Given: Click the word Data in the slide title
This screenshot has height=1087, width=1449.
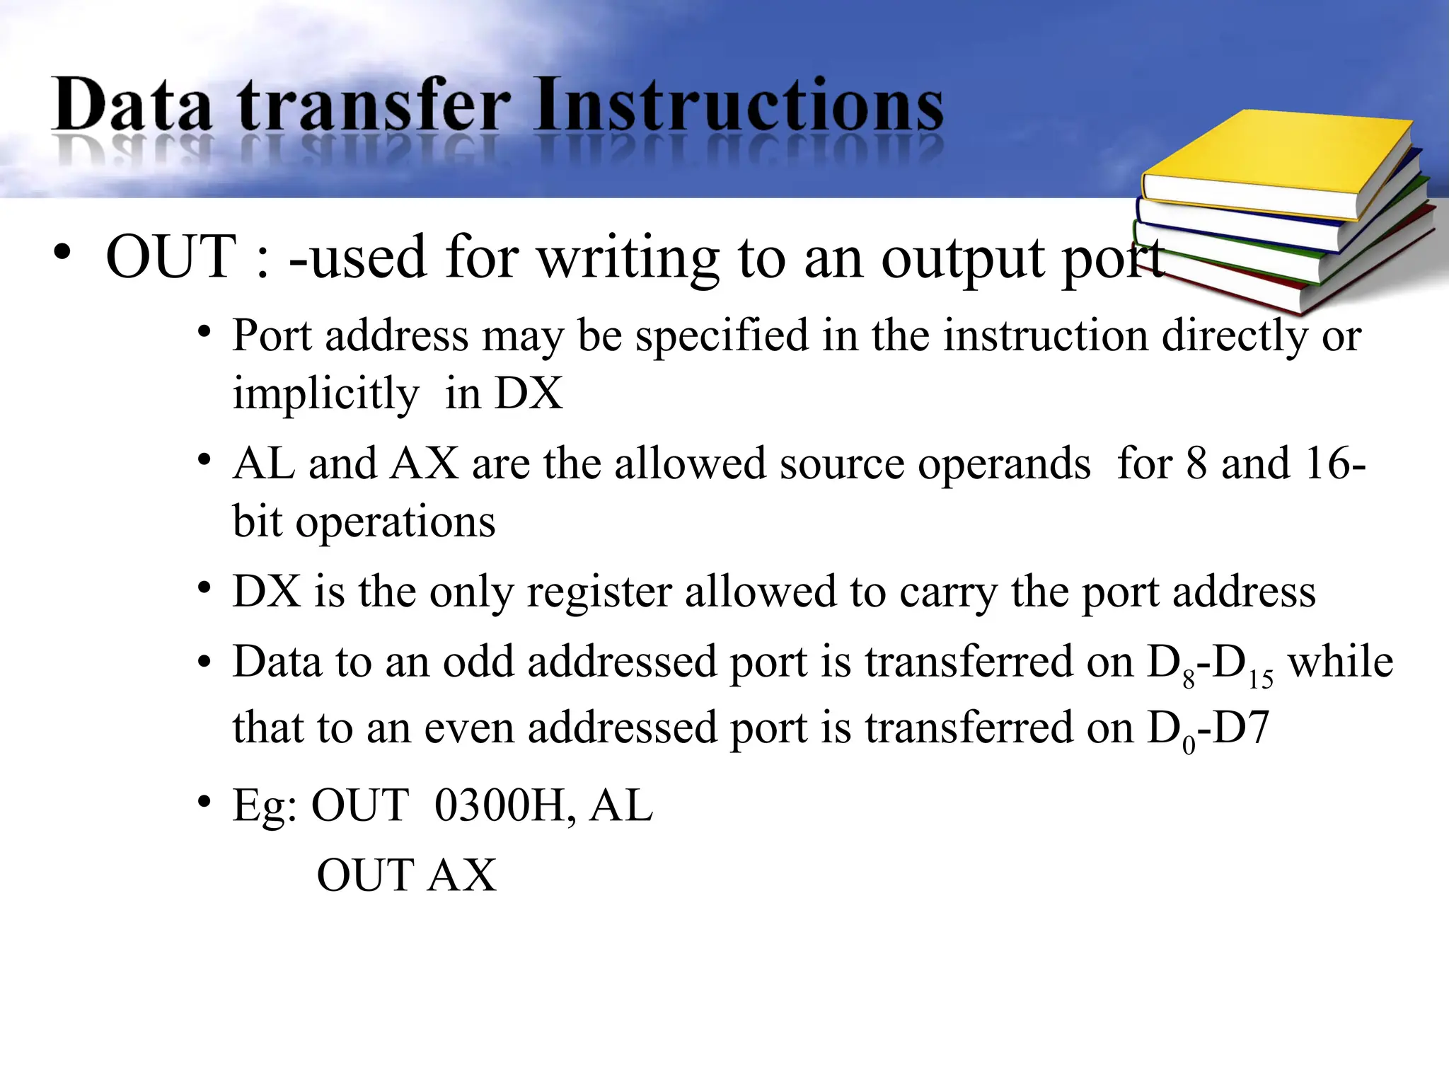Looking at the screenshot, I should pos(132,105).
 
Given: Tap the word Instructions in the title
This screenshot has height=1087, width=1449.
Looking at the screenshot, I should pos(739,105).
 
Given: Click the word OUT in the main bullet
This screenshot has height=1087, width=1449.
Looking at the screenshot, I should pos(171,256).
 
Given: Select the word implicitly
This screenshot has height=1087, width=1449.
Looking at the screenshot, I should pos(325,393).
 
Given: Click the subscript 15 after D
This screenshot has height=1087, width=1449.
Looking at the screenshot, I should pos(1261,680).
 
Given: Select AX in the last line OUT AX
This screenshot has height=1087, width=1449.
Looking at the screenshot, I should pos(463,875).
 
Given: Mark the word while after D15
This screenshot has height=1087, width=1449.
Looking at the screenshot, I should pos(1340,662).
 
